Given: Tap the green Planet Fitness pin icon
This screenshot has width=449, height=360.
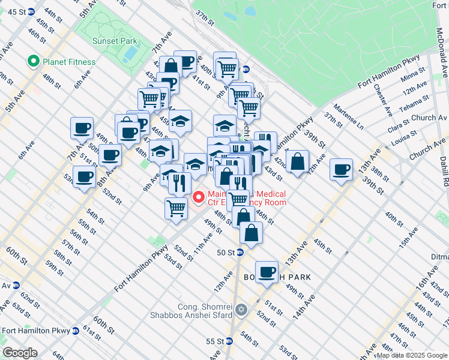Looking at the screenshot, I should [32, 62].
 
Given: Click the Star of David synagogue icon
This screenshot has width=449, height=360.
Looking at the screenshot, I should [241, 310].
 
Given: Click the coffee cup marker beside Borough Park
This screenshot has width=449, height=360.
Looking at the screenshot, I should [267, 271].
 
